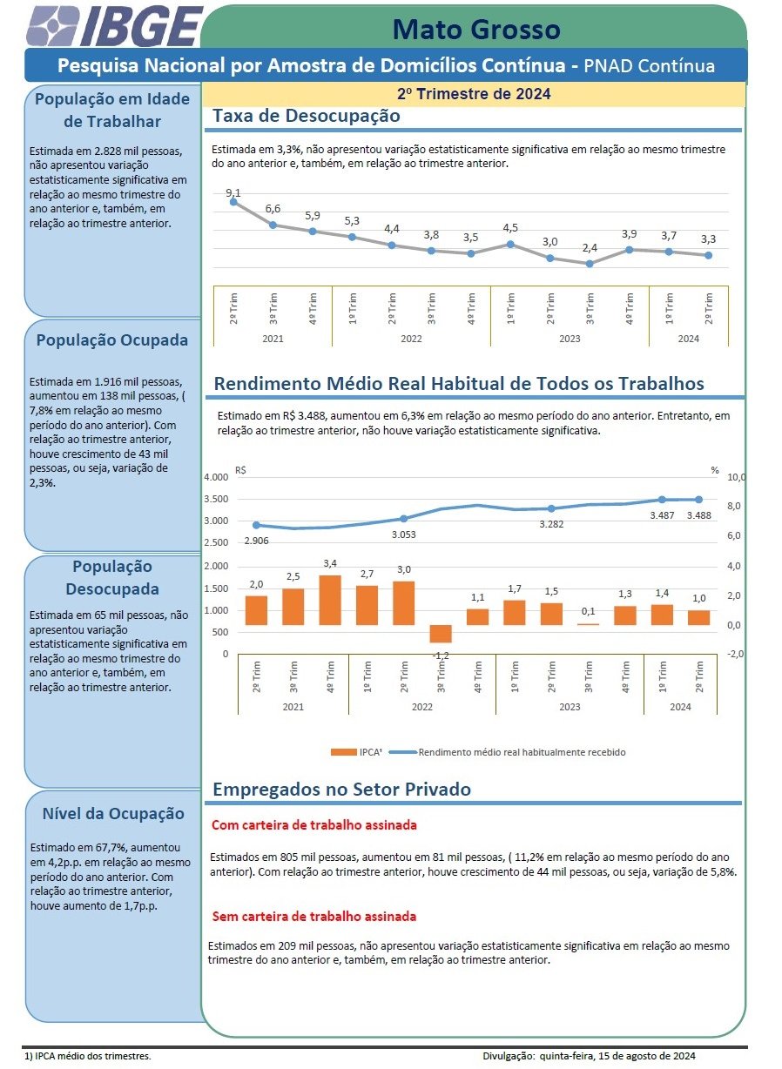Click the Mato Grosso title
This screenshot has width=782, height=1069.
coord(476,29)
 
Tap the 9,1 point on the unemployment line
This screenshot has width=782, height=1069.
coord(233,202)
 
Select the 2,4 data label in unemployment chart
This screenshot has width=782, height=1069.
coord(590,248)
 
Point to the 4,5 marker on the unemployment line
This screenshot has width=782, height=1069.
coord(510,245)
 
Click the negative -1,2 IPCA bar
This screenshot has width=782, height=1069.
coord(440,634)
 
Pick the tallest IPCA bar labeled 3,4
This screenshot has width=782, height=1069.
coord(330,600)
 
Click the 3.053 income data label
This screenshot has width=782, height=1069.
coord(403,534)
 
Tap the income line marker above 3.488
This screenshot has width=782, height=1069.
coord(698,499)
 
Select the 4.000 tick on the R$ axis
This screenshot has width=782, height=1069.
coord(216,477)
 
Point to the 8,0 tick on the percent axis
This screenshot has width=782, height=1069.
coord(734,506)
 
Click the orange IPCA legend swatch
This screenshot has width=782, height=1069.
coord(343,752)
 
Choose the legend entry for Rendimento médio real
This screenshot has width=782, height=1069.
coord(507,752)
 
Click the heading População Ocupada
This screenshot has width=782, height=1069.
coord(112,340)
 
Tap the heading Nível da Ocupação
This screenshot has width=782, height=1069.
coord(113,813)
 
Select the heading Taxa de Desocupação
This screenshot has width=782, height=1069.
coord(306,116)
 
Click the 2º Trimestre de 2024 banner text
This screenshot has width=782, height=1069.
coord(474,93)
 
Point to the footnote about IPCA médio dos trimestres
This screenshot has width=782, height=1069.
coord(87,1056)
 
